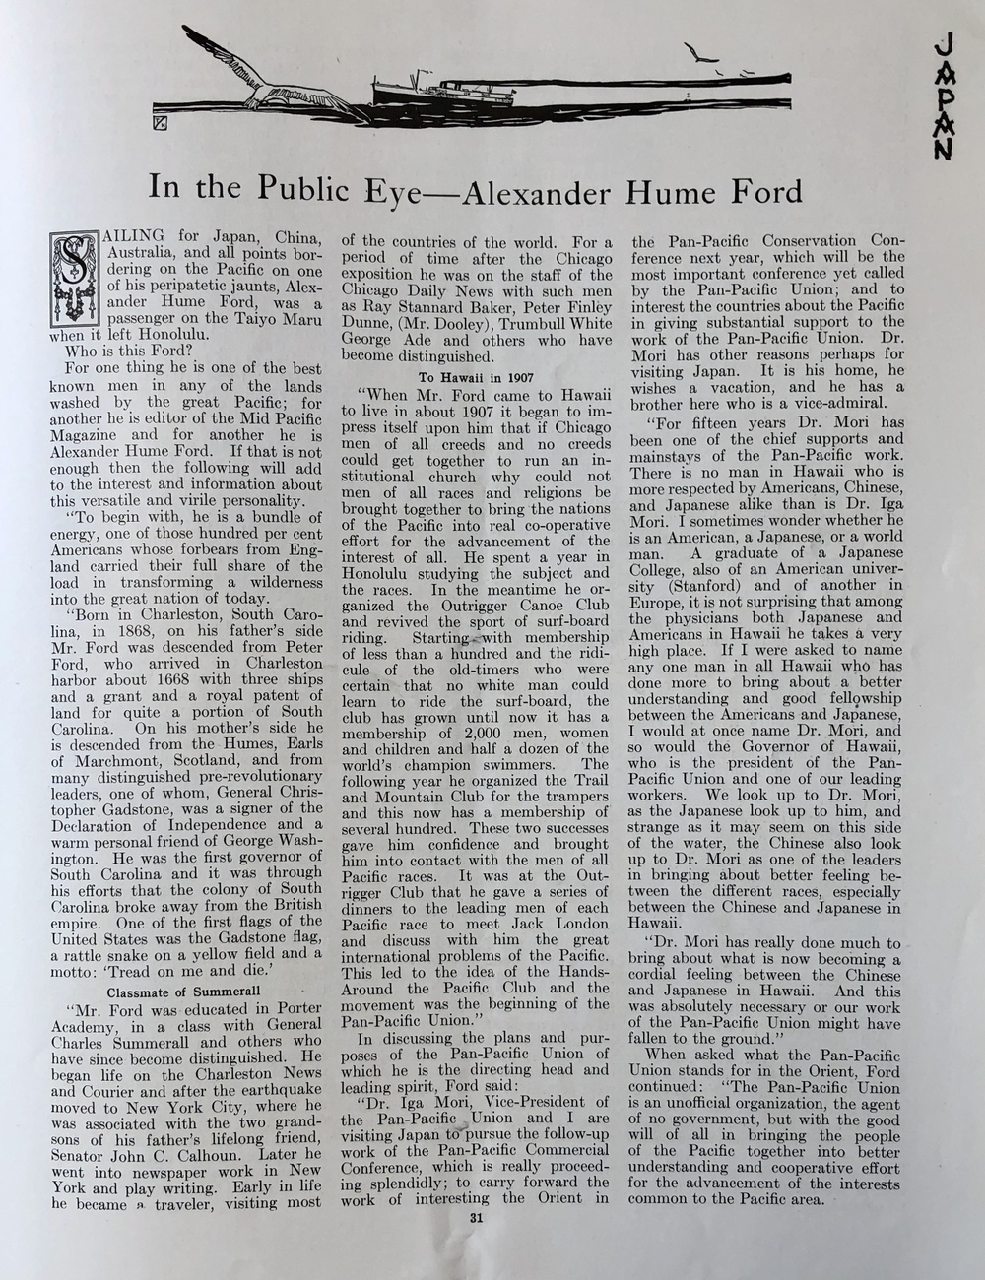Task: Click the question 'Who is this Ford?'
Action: coord(125,351)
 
